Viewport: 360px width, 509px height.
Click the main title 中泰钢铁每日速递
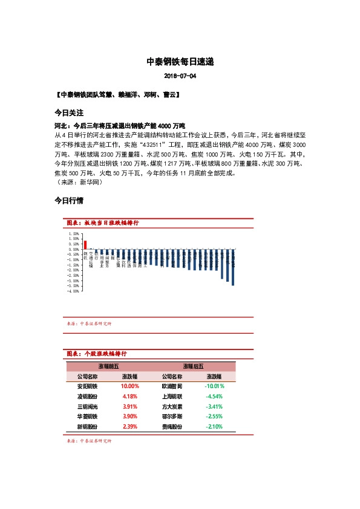180,62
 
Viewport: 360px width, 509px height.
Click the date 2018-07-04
180,77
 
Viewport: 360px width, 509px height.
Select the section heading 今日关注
68,113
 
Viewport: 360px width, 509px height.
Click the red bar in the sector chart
85,245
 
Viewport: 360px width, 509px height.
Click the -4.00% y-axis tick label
73,291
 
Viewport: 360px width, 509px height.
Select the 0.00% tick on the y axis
74,248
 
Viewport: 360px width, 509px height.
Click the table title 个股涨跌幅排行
105,353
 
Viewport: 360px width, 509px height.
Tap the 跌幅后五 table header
193,366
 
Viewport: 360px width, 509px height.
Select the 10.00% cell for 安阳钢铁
130,386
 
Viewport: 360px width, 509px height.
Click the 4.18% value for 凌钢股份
130,396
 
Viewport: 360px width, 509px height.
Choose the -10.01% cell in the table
214,386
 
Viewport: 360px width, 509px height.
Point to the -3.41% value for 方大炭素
214,406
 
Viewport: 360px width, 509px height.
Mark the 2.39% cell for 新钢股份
130,427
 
